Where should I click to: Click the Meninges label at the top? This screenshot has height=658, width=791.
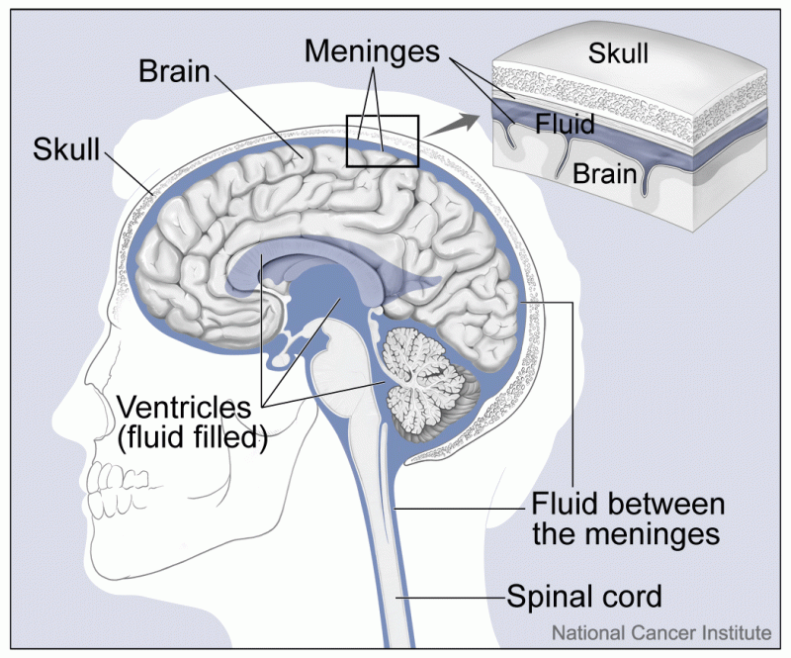point(372,50)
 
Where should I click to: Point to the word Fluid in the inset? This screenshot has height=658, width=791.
point(564,125)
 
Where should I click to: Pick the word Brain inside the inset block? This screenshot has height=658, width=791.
point(604,174)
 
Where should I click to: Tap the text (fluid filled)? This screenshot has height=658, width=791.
point(194,437)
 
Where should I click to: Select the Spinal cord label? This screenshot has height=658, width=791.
point(583,597)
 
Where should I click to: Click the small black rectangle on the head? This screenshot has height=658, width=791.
point(383,141)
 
